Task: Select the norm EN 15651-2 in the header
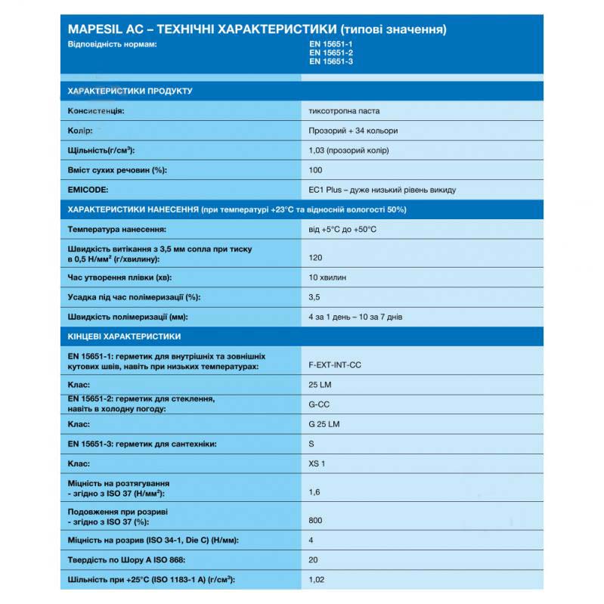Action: click(x=330, y=53)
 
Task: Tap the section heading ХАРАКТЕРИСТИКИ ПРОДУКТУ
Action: click(x=130, y=91)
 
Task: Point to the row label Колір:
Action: click(x=81, y=131)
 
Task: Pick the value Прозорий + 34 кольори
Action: click(x=353, y=131)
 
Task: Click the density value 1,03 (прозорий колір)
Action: click(x=348, y=150)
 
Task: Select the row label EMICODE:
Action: click(x=88, y=190)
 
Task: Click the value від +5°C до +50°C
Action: click(x=342, y=228)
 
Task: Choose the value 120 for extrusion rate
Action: click(x=316, y=258)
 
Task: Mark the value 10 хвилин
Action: click(x=328, y=277)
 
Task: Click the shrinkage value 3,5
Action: click(x=314, y=297)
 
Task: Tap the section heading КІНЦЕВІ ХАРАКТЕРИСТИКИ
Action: click(x=124, y=336)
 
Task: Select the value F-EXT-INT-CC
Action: click(x=335, y=365)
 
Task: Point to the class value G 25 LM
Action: click(x=324, y=424)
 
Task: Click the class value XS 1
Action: click(x=317, y=463)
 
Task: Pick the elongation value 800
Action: click(x=316, y=520)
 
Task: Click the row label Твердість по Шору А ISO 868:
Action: click(x=125, y=559)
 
